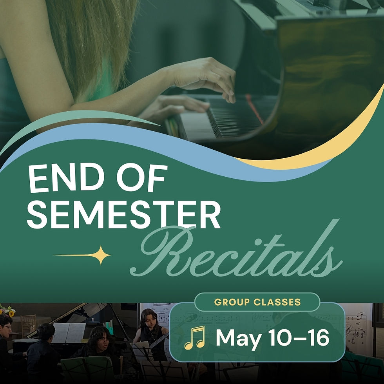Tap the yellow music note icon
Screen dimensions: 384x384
tap(195, 337)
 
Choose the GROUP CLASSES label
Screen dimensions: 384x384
tap(257, 302)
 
